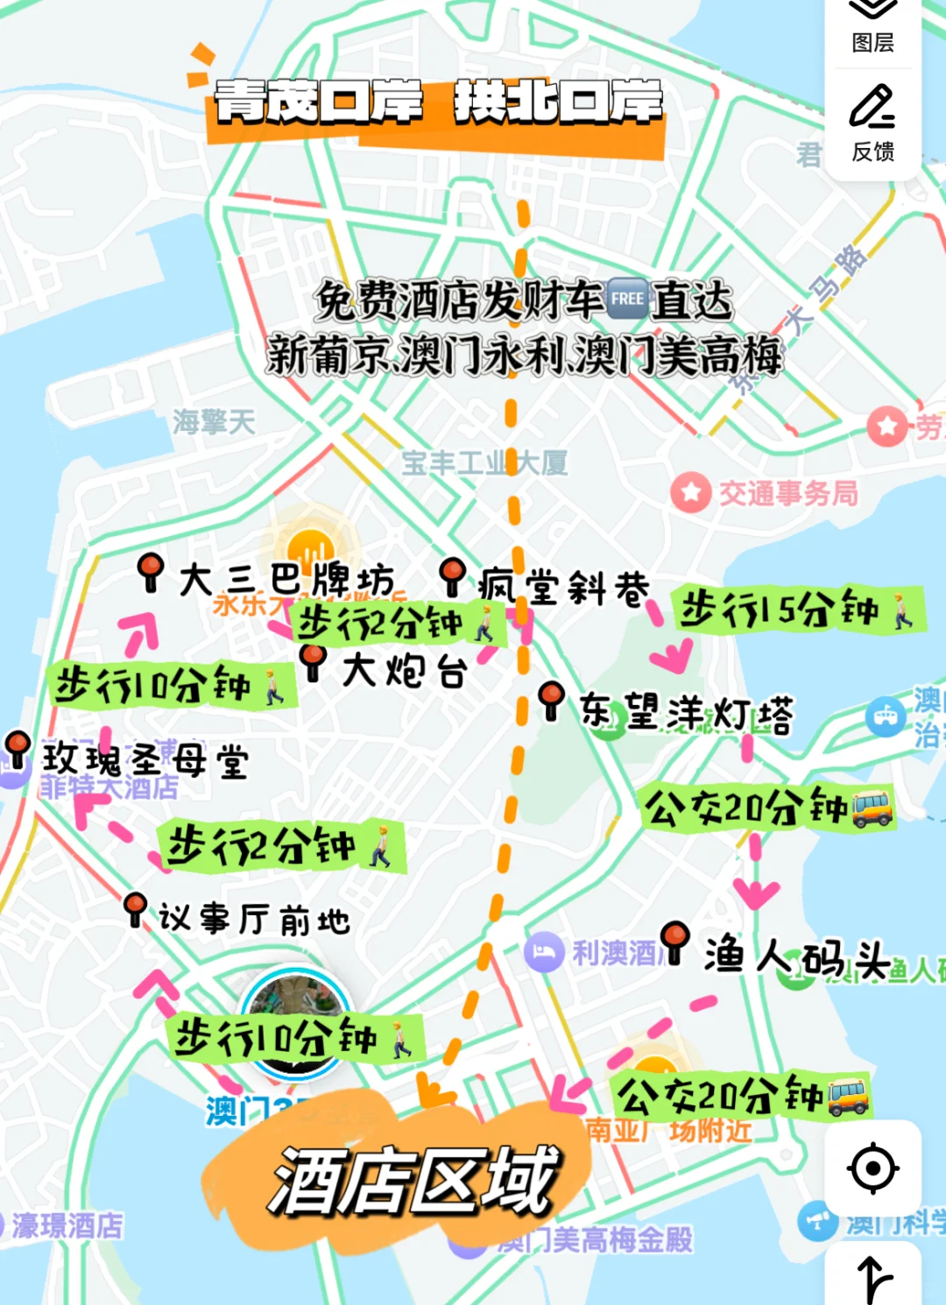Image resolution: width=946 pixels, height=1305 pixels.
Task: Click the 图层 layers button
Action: [x=872, y=26]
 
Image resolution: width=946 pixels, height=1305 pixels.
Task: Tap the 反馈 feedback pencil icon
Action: [x=872, y=123]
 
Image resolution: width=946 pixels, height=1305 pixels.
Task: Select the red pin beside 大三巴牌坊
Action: [x=151, y=571]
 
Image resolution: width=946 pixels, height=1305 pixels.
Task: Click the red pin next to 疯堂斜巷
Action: [x=452, y=575]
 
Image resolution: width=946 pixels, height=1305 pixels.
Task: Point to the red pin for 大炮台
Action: [x=313, y=660]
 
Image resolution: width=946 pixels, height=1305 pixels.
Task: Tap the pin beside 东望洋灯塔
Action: [x=551, y=700]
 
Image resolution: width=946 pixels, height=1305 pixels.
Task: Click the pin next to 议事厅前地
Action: [x=135, y=908]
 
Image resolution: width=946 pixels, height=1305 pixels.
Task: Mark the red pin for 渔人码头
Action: [x=674, y=941]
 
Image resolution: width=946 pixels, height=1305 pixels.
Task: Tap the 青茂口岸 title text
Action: [x=319, y=102]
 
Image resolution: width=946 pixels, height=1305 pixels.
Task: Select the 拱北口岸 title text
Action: [x=558, y=102]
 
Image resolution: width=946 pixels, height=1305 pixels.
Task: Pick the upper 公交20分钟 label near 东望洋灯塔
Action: [x=767, y=808]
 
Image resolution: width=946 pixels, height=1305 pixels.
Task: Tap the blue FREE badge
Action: [x=627, y=299]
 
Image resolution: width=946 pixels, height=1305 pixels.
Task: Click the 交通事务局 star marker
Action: [x=690, y=492]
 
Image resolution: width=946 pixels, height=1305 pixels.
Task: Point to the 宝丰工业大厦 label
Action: [x=484, y=462]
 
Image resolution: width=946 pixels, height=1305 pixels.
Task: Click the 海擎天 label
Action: [x=214, y=422]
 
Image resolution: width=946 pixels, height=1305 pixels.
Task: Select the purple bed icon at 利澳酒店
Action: [x=543, y=952]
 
